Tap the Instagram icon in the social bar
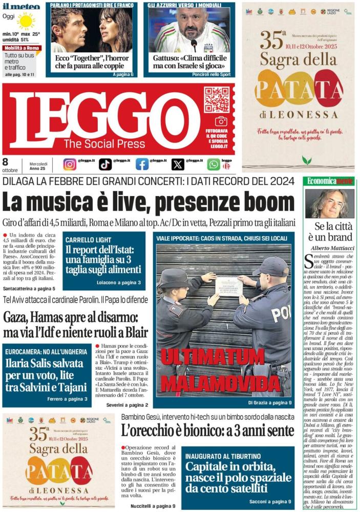point(70,164)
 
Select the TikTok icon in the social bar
point(105,164)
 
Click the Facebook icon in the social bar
point(142,164)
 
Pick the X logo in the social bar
point(178,164)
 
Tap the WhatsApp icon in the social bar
point(214,164)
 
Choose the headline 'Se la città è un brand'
point(330,231)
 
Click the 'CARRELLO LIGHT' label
point(89,240)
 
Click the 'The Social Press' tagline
point(104,144)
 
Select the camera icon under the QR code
point(221,121)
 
